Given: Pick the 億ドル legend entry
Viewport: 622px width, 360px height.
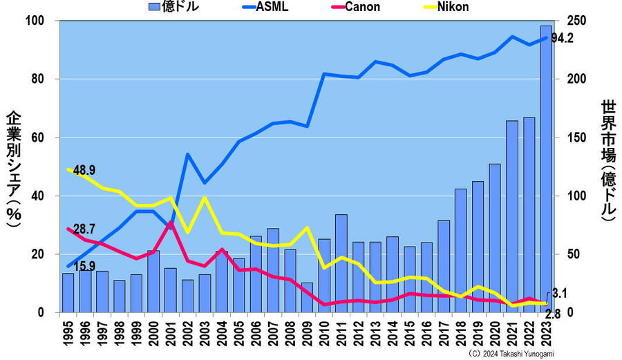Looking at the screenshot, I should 175,7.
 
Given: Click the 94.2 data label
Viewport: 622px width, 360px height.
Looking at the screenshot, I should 563,38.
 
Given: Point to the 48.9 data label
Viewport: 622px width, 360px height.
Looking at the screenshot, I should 84,170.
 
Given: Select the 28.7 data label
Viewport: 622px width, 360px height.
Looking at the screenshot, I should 84,228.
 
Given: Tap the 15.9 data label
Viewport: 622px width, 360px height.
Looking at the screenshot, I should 84,265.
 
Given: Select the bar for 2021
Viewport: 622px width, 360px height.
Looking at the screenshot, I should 512,216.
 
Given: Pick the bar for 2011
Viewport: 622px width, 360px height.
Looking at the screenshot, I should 341,263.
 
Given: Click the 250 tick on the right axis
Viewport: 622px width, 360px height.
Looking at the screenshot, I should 576,21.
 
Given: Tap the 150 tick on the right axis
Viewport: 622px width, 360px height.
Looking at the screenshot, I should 576,138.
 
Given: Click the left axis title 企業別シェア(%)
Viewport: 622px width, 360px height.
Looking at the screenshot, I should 15,166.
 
